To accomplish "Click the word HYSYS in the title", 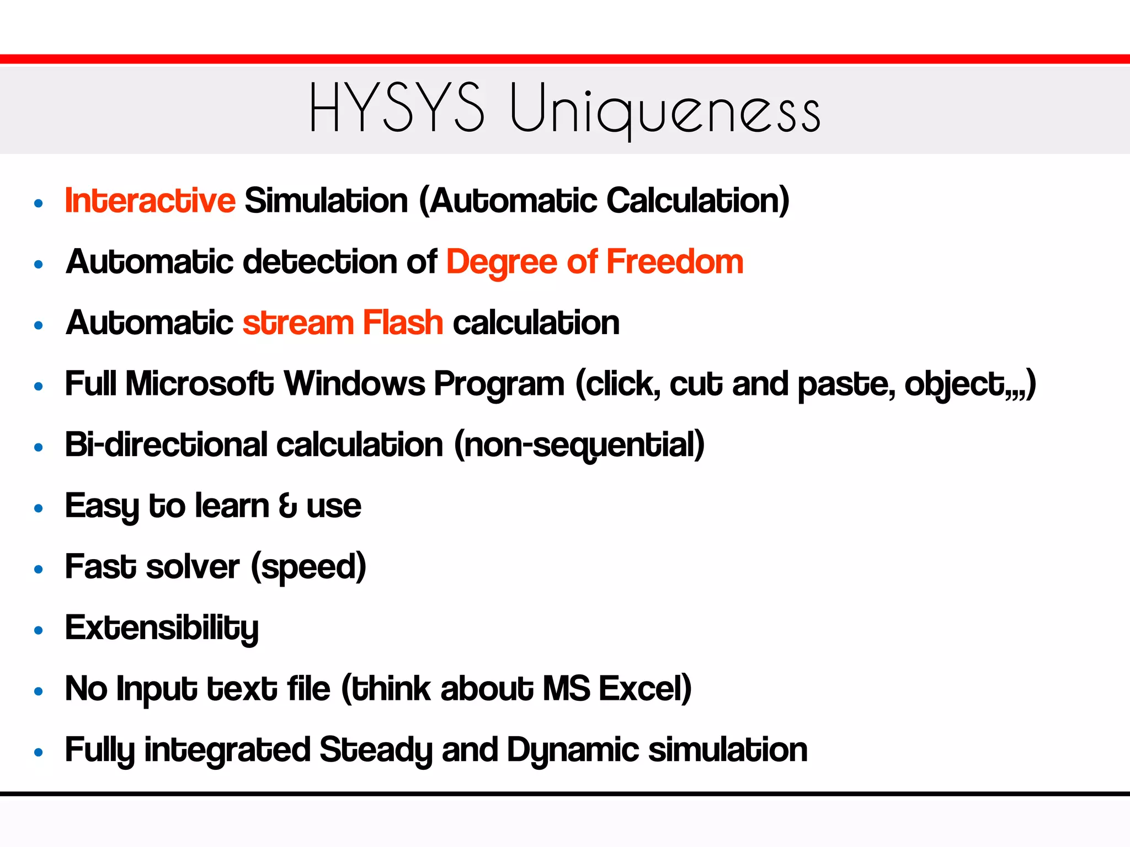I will tap(397, 108).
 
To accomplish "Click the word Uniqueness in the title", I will tap(664, 109).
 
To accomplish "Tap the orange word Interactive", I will tap(150, 200).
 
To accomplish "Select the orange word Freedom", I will tap(675, 261).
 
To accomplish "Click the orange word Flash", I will tap(403, 323).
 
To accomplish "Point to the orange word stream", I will tap(298, 324).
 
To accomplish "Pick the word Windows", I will tap(354, 383).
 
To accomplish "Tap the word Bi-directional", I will tap(166, 444).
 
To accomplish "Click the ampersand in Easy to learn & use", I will tap(287, 506).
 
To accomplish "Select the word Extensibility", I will tap(162, 628).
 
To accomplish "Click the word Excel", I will tap(645, 689).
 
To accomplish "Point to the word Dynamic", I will tap(573, 750).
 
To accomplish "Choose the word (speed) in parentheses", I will tap(308, 567).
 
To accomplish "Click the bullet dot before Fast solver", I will tap(38, 569).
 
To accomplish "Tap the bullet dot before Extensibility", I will tap(38, 630).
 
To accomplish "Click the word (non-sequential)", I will tap(579, 446).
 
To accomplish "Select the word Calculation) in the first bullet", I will tap(698, 200).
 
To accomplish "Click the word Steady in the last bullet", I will tap(376, 750).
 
